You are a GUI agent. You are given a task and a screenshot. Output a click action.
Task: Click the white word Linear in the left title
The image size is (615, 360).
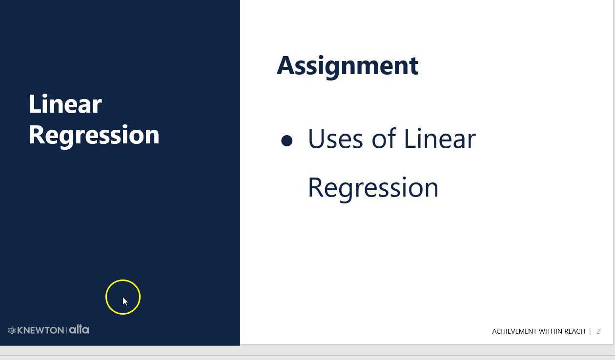pyautogui.click(x=65, y=104)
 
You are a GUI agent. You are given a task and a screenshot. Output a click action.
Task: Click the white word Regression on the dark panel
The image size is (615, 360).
pyautogui.click(x=94, y=135)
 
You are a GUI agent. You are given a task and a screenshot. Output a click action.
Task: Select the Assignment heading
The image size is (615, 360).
pyautogui.click(x=348, y=66)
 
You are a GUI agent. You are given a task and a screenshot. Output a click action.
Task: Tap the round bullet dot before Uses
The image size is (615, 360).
pyautogui.click(x=287, y=141)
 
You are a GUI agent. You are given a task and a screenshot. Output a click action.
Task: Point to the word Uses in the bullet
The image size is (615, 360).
pyautogui.click(x=336, y=139)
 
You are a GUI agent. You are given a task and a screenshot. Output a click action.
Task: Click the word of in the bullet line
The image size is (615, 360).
pyautogui.click(x=384, y=139)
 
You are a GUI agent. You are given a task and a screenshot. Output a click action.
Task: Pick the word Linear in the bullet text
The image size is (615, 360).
pyautogui.click(x=439, y=139)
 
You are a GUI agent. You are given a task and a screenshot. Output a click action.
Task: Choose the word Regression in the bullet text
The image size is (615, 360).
pyautogui.click(x=373, y=188)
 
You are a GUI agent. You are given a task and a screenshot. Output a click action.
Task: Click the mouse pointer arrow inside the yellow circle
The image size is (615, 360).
pyautogui.click(x=125, y=301)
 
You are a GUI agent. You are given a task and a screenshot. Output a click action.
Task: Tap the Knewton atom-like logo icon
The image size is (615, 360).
pyautogui.click(x=12, y=330)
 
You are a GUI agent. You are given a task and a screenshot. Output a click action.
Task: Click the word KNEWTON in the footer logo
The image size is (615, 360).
pyautogui.click(x=41, y=330)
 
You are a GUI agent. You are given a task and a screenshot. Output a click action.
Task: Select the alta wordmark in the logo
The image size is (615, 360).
pyautogui.click(x=79, y=329)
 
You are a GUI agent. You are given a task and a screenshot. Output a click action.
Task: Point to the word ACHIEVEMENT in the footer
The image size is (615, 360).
pyautogui.click(x=514, y=331)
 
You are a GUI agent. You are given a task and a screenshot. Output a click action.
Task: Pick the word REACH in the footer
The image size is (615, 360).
pyautogui.click(x=574, y=331)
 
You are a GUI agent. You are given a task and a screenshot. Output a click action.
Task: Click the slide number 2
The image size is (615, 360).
pyautogui.click(x=598, y=331)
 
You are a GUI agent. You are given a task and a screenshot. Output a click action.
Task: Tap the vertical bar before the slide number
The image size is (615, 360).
pyautogui.click(x=590, y=331)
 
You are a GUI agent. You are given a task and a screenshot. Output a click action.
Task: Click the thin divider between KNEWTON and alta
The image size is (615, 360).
pyautogui.click(x=66, y=330)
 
